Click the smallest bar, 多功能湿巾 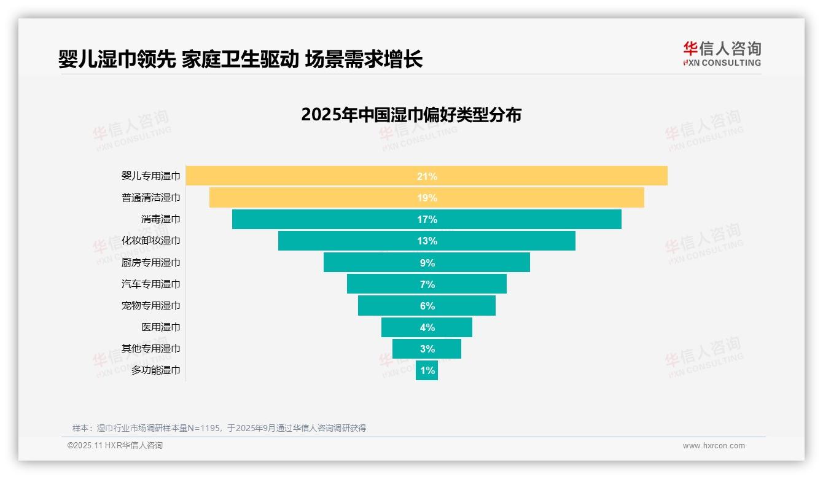tap(426, 370)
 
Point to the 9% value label tap(427, 263)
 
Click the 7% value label tap(427, 284)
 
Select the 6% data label tap(427, 306)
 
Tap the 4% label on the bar tap(427, 327)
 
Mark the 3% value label tap(427, 349)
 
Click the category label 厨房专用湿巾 tap(151, 263)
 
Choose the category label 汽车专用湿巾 tap(151, 284)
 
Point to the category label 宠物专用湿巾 tap(151, 306)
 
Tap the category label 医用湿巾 tap(161, 327)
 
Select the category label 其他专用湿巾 tap(151, 349)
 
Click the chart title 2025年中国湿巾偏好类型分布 tap(411, 115)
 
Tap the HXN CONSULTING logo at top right tap(722, 54)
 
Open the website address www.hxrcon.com tap(714, 446)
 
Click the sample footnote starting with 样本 tap(219, 428)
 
